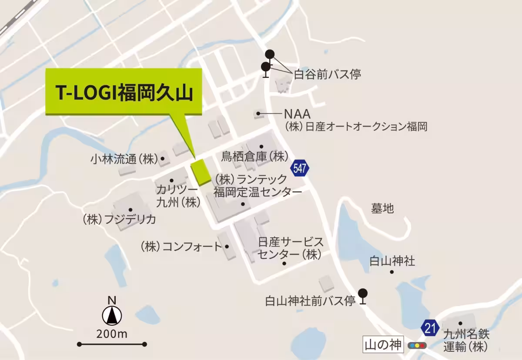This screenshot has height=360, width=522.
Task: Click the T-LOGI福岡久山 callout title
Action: pyautogui.click(x=124, y=93)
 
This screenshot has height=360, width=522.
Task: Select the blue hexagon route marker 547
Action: pyautogui.click(x=300, y=168)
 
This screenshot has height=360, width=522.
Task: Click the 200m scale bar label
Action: pyautogui.click(x=112, y=334)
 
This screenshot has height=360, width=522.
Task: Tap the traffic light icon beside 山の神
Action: pyautogui.click(x=417, y=346)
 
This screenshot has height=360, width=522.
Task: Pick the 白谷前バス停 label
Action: pyautogui.click(x=328, y=74)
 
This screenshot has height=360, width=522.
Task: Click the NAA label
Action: pyautogui.click(x=297, y=114)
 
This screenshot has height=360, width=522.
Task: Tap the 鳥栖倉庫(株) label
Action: pyautogui.click(x=255, y=156)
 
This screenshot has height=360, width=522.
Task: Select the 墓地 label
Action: pyautogui.click(x=382, y=209)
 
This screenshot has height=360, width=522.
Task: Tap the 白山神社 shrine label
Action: pyautogui.click(x=392, y=261)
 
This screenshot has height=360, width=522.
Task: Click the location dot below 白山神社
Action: pyautogui.click(x=391, y=272)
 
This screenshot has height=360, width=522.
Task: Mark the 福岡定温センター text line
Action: pyautogui.click(x=257, y=192)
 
